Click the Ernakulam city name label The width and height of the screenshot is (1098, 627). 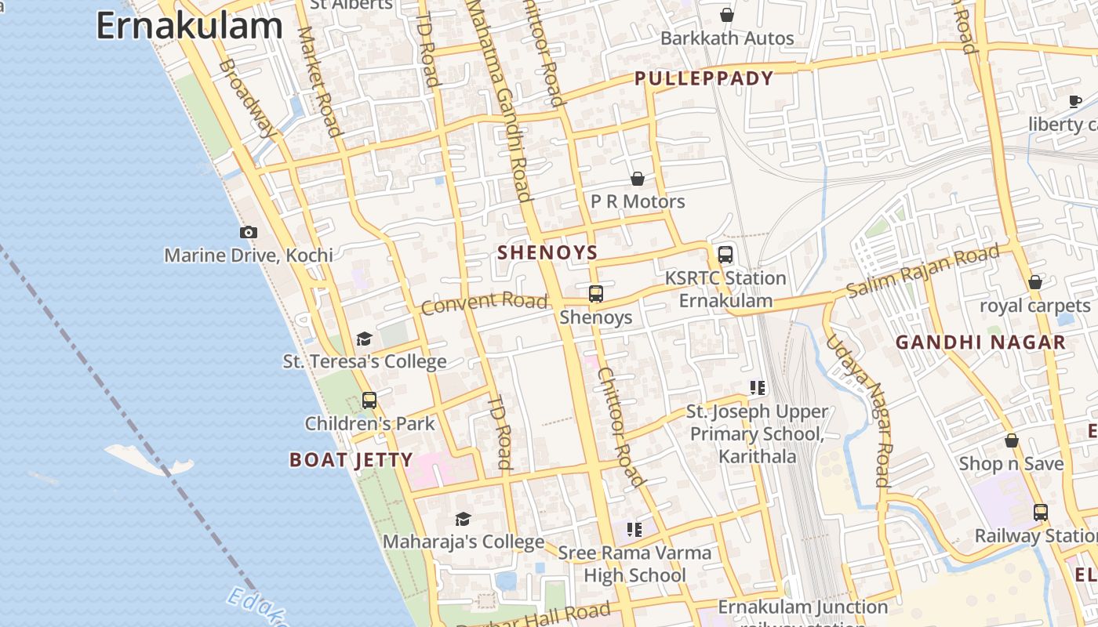(189, 25)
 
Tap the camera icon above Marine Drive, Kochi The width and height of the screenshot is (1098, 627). (249, 232)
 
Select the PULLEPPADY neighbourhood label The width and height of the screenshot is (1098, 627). (704, 78)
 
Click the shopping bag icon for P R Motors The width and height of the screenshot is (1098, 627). (638, 179)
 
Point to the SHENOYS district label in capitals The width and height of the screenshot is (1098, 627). (547, 252)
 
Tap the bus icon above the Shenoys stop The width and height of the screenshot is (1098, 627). (596, 294)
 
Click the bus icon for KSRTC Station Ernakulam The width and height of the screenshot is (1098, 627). (725, 255)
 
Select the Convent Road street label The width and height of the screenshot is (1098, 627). (484, 302)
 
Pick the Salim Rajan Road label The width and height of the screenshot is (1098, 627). (922, 271)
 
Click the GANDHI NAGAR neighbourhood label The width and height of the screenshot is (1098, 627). (980, 342)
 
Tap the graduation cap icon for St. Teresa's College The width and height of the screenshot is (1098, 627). (364, 339)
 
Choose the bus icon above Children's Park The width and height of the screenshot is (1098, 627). (369, 400)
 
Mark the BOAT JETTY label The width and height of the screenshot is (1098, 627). (351, 460)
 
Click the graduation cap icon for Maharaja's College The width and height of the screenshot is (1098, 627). (463, 519)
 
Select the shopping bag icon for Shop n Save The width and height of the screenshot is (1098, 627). (1012, 440)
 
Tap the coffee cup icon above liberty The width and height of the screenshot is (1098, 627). (1075, 101)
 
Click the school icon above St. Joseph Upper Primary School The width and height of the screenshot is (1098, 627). (757, 387)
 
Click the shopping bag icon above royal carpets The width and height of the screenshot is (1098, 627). (1035, 282)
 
